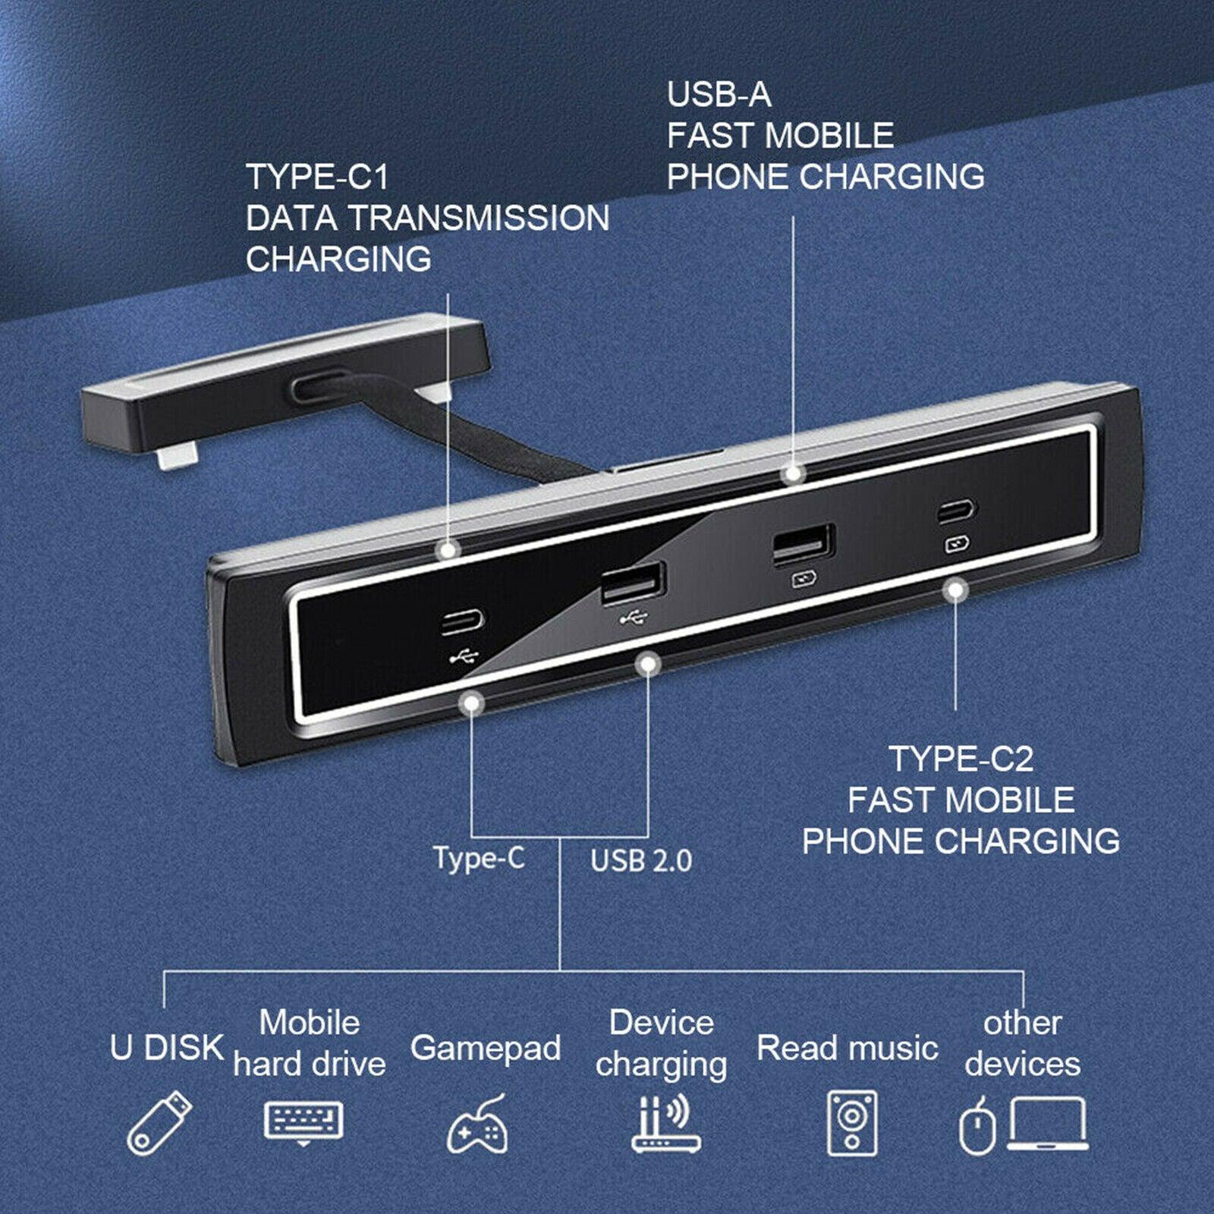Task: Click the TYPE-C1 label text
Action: [x=317, y=178]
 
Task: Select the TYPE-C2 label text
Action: [x=961, y=760]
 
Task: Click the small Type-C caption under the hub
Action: [x=479, y=858]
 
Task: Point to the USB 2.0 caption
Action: [x=641, y=861]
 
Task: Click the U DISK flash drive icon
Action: [x=159, y=1123]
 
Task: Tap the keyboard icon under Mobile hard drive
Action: [x=303, y=1121]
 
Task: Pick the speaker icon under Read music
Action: [x=851, y=1124]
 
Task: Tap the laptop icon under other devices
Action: [x=1047, y=1124]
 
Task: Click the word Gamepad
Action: [x=486, y=1049]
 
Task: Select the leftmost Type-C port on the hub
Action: [x=463, y=622]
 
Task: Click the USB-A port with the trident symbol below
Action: [x=633, y=583]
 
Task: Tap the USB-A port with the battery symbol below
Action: [x=804, y=544]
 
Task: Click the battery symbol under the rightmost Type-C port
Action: [x=956, y=544]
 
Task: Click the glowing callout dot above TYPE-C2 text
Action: [x=956, y=590]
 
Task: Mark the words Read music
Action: [x=848, y=1049]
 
